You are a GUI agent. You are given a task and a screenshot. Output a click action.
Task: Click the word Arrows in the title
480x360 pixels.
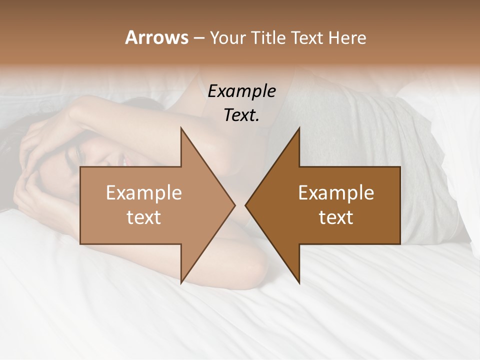click(x=157, y=37)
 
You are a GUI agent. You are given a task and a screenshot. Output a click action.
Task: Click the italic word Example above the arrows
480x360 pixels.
click(x=241, y=91)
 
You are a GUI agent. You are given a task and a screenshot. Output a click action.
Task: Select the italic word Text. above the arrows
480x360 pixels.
click(x=241, y=115)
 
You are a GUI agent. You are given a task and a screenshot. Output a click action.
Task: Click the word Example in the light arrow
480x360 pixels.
click(x=144, y=192)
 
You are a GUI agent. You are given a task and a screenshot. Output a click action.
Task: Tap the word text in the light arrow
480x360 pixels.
click(x=144, y=217)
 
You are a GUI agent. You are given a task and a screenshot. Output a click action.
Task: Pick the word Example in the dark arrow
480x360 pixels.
click(x=336, y=192)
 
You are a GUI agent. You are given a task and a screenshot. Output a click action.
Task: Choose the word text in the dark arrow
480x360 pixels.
click(x=336, y=217)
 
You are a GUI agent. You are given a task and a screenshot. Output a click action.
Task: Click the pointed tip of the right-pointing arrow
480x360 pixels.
click(x=235, y=205)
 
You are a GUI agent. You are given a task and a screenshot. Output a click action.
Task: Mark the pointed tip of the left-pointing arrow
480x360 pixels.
click(x=245, y=205)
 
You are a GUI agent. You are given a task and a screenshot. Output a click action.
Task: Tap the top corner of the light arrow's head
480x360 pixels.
click(x=181, y=128)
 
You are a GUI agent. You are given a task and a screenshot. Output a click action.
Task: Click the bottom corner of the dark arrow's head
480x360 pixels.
click(x=299, y=283)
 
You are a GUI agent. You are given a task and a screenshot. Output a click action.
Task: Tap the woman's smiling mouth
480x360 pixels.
click(x=122, y=161)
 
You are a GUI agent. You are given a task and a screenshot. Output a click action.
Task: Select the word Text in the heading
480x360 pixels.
click(x=307, y=38)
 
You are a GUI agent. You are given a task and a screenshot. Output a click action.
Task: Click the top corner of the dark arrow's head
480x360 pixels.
click(x=299, y=128)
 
